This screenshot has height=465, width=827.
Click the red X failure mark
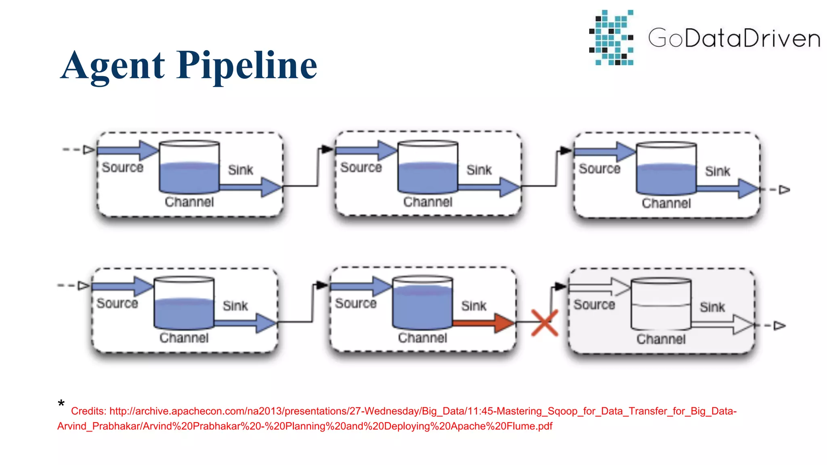click(544, 323)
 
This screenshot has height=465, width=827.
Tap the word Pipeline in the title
click(247, 65)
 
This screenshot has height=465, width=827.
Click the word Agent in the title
click(113, 65)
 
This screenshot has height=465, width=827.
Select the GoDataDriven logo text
click(734, 38)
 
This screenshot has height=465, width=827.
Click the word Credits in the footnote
click(88, 411)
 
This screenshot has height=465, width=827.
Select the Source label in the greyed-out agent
click(594, 305)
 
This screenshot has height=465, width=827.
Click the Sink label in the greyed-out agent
click(712, 307)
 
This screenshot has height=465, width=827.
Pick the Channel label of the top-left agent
click(189, 202)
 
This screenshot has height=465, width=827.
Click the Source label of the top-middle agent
click(361, 168)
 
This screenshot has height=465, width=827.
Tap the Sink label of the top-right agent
click(718, 171)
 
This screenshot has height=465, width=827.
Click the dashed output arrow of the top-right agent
click(779, 190)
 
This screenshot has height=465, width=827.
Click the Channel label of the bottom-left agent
click(184, 338)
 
